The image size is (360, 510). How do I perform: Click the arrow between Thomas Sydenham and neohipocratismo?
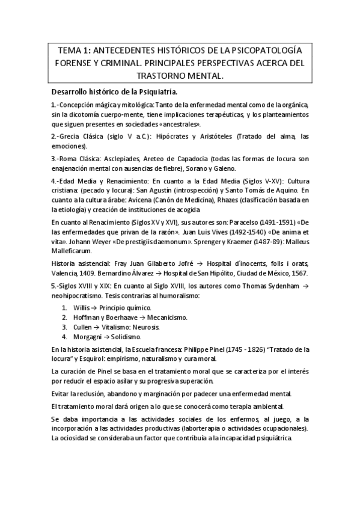(x=306, y=286)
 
